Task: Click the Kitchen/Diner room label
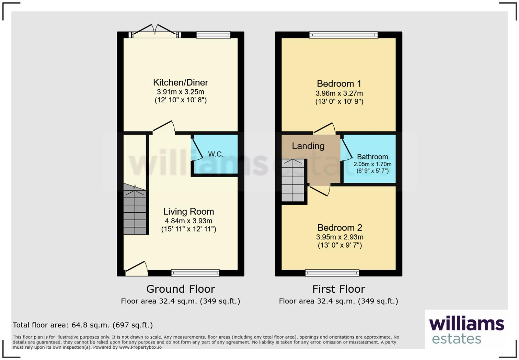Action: coord(181,82)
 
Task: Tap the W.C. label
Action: coord(216,154)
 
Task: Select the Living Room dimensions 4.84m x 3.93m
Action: coord(188,221)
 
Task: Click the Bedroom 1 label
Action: coord(339,83)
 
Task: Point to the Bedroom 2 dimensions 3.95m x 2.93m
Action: coord(339,237)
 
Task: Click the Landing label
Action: coord(308,146)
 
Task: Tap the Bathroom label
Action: coord(372,157)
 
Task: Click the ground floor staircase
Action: coord(135,210)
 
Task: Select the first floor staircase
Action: coord(293,180)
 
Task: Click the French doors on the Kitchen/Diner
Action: coord(155,32)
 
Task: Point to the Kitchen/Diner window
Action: coord(213,35)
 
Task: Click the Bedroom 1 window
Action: coord(343,35)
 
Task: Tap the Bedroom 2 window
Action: coord(332,273)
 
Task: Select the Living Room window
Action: coord(195,273)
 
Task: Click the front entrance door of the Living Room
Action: coord(137,269)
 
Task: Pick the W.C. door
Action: coord(197,150)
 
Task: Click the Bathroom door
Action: coord(346,150)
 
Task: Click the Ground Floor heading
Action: coord(181,289)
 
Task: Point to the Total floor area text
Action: coord(83,325)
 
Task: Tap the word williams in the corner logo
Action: coord(466,324)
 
